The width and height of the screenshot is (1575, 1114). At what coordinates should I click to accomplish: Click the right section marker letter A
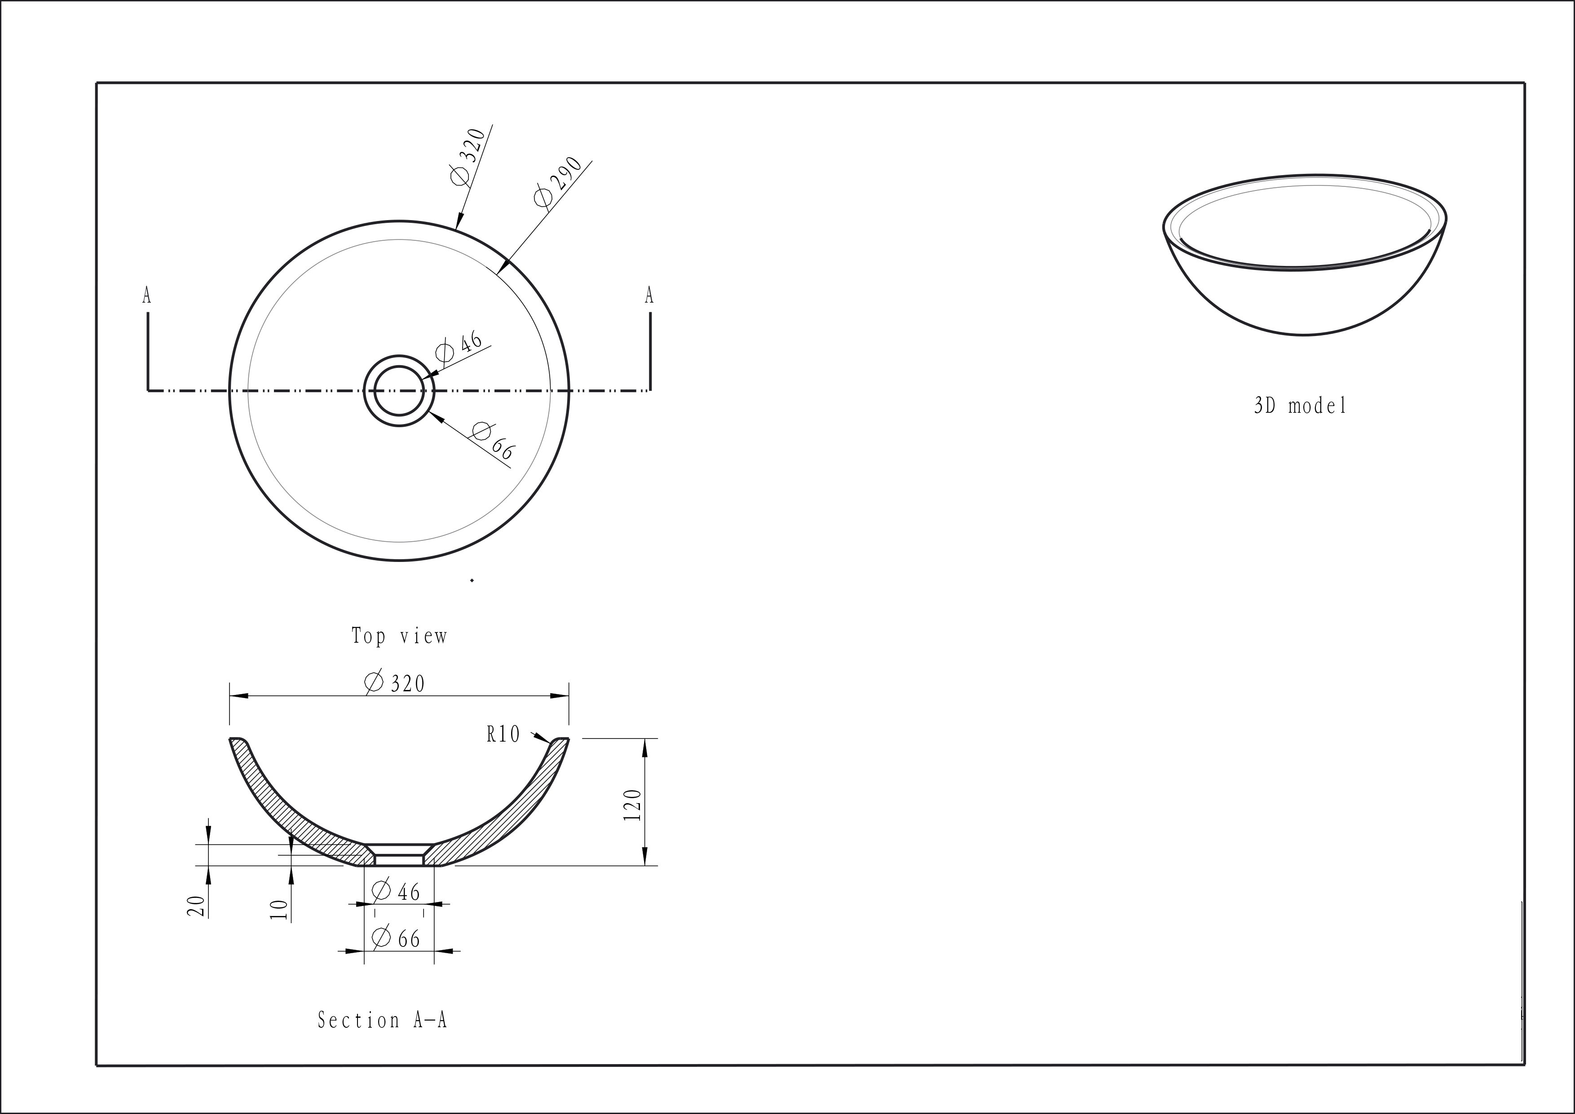649,296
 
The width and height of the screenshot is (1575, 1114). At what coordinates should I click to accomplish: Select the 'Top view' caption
399,636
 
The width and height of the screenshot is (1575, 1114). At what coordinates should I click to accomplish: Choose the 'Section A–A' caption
382,1020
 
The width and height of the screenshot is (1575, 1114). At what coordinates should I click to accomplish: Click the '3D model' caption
1300,406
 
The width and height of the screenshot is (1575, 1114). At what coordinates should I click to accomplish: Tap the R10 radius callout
503,735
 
